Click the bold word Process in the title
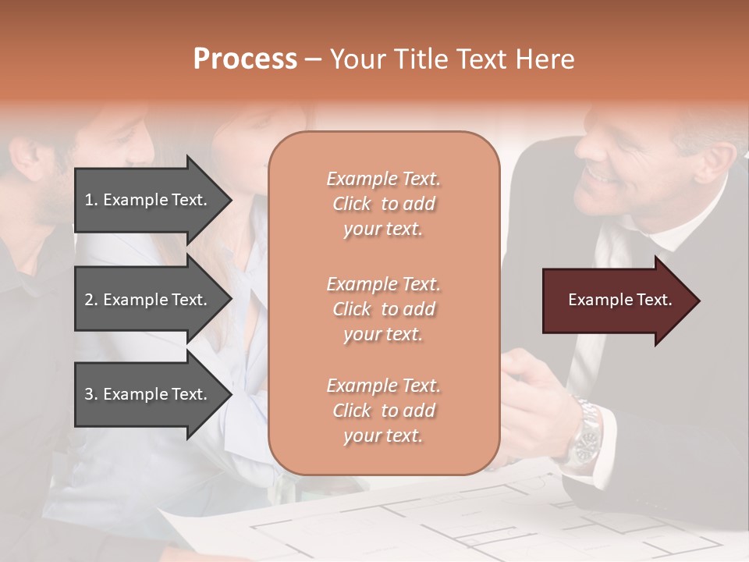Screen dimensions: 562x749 click(245, 59)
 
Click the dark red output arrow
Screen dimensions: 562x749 click(620, 301)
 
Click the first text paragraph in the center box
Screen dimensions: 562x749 click(383, 204)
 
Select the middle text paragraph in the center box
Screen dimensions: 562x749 click(383, 309)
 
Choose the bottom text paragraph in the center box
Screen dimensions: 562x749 click(383, 411)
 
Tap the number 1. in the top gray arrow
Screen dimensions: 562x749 click(91, 200)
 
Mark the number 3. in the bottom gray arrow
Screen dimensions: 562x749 click(91, 394)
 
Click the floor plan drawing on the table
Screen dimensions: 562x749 click(468, 523)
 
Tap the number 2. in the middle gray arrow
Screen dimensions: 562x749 click(91, 300)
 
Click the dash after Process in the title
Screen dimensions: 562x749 click(314, 60)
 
